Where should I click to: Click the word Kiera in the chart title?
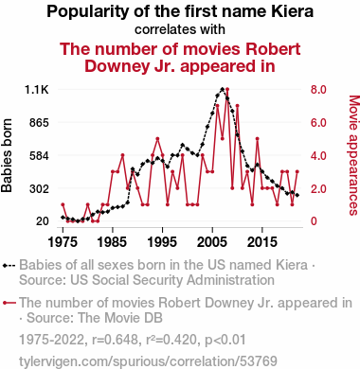point(293,11)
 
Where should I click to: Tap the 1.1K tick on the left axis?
point(37,90)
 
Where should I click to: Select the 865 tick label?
point(39,123)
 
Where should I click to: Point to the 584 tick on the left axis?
point(39,156)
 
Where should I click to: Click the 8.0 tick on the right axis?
point(318,90)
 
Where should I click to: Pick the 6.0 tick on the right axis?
point(318,123)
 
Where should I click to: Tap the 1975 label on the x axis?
point(63,242)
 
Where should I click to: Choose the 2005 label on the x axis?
point(212,242)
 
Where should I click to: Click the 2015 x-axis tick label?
point(262,242)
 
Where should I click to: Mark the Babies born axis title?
point(7,155)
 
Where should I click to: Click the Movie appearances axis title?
point(354,155)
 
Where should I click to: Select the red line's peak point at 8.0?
point(227,90)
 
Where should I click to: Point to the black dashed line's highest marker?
point(223,89)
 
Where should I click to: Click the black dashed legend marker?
point(9,266)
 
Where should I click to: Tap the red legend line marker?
point(9,303)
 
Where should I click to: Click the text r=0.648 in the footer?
point(115,340)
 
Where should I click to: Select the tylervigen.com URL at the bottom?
point(148,361)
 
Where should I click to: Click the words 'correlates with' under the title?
point(180,29)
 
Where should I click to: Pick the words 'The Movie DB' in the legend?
point(120,318)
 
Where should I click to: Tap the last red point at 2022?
point(297,171)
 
